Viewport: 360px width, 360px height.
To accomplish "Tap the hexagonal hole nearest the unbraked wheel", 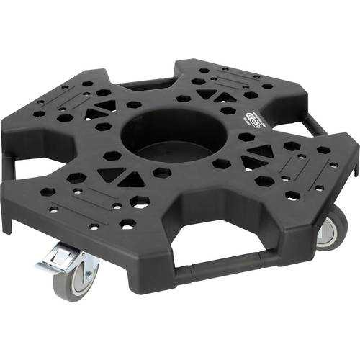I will (292, 195).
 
